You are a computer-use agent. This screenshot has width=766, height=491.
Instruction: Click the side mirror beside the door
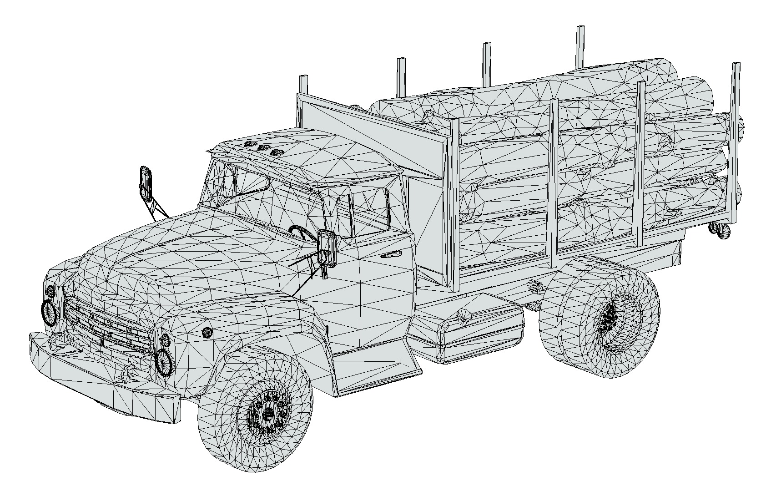[x=327, y=248]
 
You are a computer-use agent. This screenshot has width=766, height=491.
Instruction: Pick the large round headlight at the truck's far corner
[x=48, y=312]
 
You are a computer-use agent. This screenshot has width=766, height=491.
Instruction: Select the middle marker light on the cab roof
[x=263, y=148]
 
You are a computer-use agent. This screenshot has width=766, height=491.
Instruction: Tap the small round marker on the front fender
[x=207, y=333]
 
